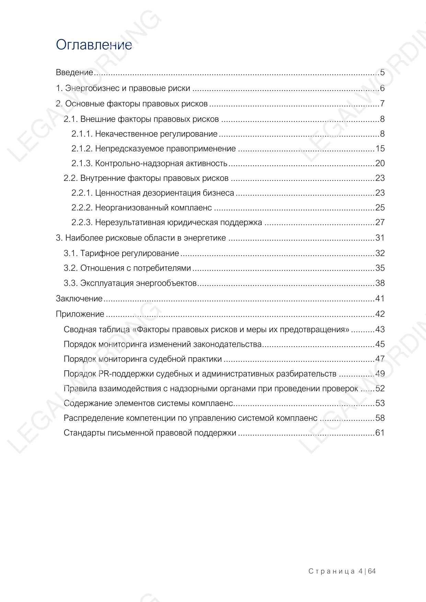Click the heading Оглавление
[x=94, y=45]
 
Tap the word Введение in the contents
[x=74, y=72]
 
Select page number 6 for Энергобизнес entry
[x=382, y=88]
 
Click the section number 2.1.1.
[x=82, y=134]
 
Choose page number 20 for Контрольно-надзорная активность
[x=380, y=163]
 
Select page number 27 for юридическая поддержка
[x=380, y=222]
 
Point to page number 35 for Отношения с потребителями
[x=380, y=268]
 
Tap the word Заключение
[x=79, y=299]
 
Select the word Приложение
[x=80, y=314]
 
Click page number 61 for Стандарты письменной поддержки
[x=380, y=433]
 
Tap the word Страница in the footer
[x=332, y=571]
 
